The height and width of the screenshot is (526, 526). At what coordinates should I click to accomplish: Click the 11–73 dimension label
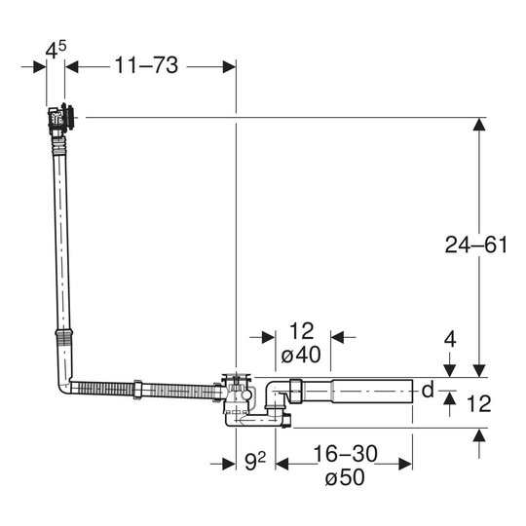[x=146, y=65]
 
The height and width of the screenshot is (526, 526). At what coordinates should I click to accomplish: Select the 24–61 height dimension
[x=476, y=244]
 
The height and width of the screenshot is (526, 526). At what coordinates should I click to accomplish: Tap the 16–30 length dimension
[x=345, y=454]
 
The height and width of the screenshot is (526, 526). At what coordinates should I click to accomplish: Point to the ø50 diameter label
[x=345, y=477]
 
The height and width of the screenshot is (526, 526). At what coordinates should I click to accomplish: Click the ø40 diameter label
[x=301, y=355]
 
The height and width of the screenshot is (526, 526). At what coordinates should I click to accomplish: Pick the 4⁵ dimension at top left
[x=56, y=50]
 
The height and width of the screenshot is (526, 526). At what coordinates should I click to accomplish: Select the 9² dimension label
[x=255, y=462]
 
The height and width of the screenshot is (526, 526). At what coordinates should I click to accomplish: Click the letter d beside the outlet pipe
[x=428, y=391]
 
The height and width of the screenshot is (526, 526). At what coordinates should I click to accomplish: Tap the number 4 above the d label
[x=450, y=340]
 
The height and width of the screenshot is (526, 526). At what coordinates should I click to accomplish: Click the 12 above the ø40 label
[x=302, y=331]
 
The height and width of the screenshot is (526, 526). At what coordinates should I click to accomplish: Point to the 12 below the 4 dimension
[x=479, y=403]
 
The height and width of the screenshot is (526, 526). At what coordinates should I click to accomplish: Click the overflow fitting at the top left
[x=60, y=119]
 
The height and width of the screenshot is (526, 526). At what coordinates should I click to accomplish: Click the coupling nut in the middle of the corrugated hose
[x=137, y=389]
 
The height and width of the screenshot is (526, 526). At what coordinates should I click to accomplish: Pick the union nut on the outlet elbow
[x=296, y=392]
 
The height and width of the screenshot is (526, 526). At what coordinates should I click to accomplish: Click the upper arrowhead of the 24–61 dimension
[x=479, y=124]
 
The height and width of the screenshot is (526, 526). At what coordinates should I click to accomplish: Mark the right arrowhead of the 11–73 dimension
[x=229, y=67]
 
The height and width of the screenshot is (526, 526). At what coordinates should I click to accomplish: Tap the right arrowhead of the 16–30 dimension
[x=405, y=464]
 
